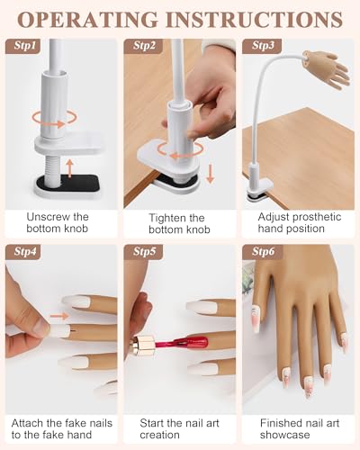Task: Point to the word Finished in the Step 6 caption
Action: coord(281,423)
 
